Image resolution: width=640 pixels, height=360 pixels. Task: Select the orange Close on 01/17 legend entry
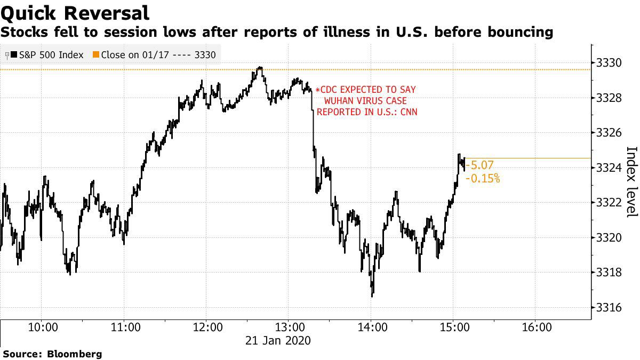pos(155,55)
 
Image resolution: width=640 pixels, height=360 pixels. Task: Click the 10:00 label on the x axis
pos(42,326)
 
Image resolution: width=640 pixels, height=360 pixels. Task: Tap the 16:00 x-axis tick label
pos(535,326)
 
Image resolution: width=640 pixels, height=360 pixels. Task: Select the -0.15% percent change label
pos(483,179)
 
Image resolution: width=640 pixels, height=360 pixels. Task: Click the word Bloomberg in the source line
pos(75,354)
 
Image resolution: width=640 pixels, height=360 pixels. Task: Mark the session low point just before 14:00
pos(372,295)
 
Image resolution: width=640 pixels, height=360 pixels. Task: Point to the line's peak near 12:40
pos(260,68)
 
